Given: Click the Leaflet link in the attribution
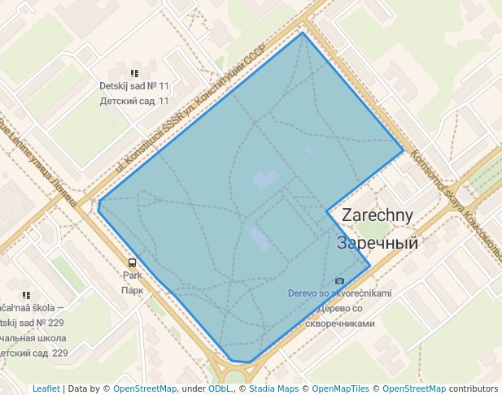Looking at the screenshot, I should (46, 388).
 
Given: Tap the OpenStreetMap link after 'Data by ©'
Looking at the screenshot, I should (144, 388).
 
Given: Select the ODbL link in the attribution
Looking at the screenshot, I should (220, 388).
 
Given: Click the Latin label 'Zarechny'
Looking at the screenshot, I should (378, 215).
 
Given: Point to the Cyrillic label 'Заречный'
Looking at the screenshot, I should (378, 242).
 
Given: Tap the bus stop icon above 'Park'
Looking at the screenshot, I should (132, 263).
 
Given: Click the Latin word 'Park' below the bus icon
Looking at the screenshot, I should (132, 276).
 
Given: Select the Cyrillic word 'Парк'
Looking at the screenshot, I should (132, 289).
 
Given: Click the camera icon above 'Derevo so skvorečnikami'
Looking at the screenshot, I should (339, 280).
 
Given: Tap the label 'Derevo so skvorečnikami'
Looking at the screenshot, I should (339, 293).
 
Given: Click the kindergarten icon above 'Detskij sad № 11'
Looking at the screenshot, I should (134, 72).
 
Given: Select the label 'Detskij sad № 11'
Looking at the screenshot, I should (134, 86).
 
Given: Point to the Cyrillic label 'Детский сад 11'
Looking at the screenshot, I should (134, 102).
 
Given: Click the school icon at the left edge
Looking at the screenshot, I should (26, 295).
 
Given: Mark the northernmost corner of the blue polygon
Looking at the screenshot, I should (302, 33).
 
